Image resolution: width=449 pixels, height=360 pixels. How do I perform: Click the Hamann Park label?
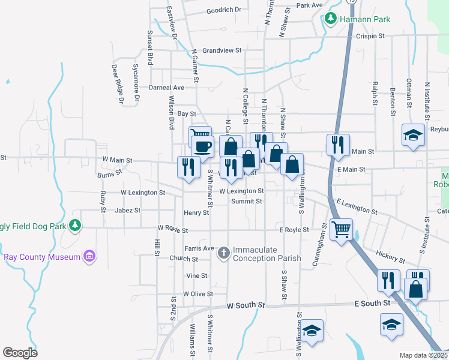pyautogui.click(x=365, y=19)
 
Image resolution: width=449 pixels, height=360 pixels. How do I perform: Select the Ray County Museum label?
pyautogui.click(x=42, y=257)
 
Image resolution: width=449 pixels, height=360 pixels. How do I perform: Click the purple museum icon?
pyautogui.click(x=89, y=257)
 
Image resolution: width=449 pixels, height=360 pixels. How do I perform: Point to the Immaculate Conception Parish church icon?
pyautogui.click(x=223, y=253)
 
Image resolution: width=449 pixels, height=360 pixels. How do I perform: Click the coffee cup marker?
pyautogui.click(x=202, y=145)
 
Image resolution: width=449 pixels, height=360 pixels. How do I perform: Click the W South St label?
pyautogui.click(x=246, y=306)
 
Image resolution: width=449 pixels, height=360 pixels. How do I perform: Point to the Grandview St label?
pyautogui.click(x=221, y=50)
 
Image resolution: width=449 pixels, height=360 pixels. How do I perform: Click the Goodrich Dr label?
pyautogui.click(x=223, y=10)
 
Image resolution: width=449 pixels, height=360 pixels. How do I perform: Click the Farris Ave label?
pyautogui.click(x=200, y=248)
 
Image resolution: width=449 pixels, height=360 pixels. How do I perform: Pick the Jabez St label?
pyautogui.click(x=127, y=211)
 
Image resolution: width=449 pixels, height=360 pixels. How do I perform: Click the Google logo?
pyautogui.click(x=20, y=352)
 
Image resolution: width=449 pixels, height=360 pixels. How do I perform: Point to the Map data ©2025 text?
pyautogui.click(x=423, y=355)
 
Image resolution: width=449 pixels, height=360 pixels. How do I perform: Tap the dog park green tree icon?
pyautogui.click(x=74, y=225)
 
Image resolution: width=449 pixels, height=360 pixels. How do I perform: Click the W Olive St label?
pyautogui.click(x=197, y=294)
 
